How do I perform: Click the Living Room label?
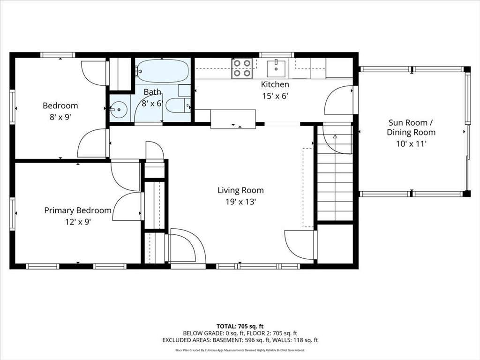240,190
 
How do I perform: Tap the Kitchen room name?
275,84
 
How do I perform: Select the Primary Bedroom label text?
78,210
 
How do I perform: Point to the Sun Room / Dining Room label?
411,127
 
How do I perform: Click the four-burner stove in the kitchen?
242,67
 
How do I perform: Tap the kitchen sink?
277,68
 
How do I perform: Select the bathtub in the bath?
162,71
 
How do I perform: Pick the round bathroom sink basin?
119,109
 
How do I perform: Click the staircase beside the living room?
335,172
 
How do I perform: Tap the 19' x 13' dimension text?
240,202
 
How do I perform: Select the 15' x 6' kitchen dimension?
275,96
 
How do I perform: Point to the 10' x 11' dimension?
411,143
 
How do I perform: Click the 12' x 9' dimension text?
78,222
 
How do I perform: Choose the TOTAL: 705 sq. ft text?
240,326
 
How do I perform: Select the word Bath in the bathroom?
152,92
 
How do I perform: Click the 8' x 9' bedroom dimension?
60,117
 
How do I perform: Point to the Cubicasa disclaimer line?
240,350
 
